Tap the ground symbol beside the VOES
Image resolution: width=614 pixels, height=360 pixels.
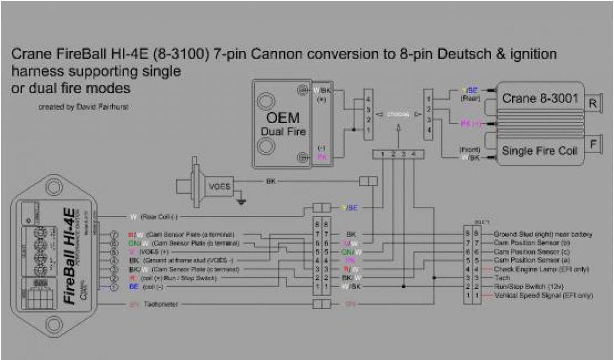pyautogui.click(x=241, y=202)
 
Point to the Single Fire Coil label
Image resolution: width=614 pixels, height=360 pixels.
pyautogui.click(x=540, y=151)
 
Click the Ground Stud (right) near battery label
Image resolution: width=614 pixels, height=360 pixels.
pyautogui.click(x=542, y=233)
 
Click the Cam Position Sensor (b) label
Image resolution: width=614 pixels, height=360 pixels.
pyautogui.click(x=531, y=242)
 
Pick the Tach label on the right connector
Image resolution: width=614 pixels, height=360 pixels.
pyautogui.click(x=498, y=278)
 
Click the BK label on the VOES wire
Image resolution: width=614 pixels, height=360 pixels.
pyautogui.click(x=269, y=181)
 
